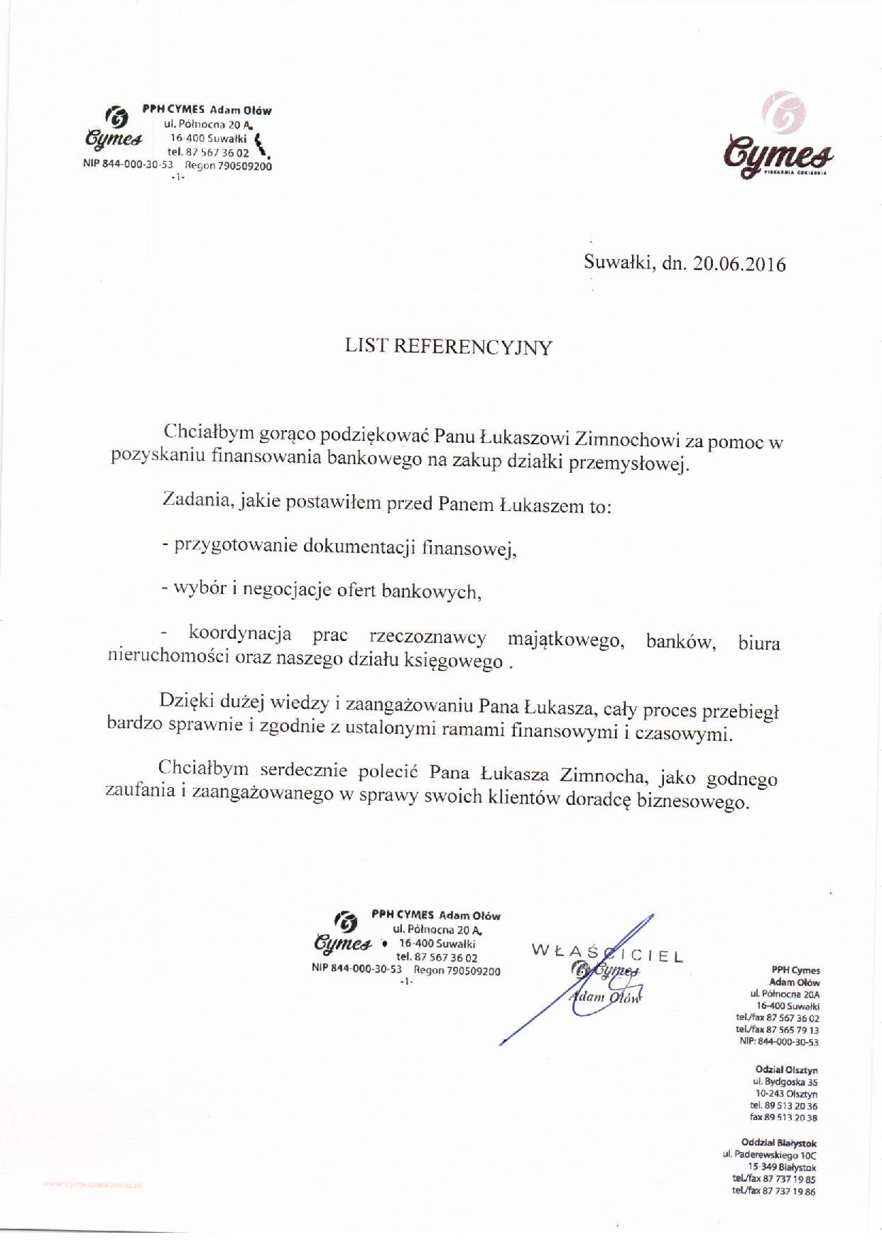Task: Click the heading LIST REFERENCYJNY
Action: (448, 347)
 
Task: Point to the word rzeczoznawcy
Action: (428, 638)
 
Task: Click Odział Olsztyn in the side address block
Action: (787, 1070)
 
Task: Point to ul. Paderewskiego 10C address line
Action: (770, 1156)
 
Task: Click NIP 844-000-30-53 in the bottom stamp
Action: (356, 970)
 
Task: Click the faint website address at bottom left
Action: (92, 1185)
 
